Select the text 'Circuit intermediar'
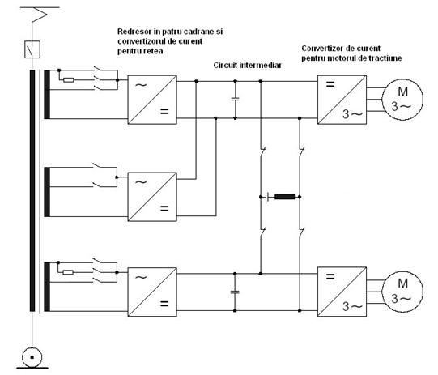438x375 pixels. point(247,66)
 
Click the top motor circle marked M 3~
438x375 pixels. point(402,100)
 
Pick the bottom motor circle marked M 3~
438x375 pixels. point(402,292)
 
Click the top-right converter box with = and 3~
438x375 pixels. point(342,100)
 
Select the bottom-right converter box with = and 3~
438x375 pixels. point(342,292)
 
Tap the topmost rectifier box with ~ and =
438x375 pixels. point(152,100)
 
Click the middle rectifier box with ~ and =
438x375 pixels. point(152,197)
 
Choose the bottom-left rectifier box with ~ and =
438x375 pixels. point(152,292)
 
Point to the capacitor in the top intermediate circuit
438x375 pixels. point(236,99)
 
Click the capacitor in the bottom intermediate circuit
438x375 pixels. point(235,292)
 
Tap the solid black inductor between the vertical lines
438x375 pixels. point(285,197)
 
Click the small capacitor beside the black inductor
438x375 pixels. point(267,197)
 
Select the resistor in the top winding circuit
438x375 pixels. point(69,80)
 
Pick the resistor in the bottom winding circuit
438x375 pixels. point(68,272)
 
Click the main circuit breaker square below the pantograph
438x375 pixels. point(32,49)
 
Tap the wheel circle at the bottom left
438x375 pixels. point(32,357)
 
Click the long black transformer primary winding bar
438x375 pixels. point(32,190)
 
